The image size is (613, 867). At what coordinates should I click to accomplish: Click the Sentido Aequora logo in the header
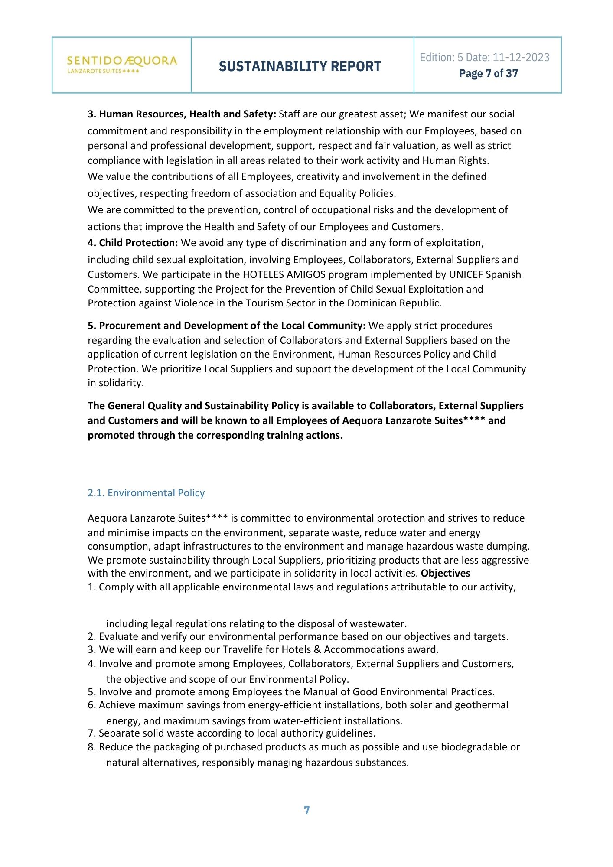[122, 64]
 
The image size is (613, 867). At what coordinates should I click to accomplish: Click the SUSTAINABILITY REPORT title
[300, 66]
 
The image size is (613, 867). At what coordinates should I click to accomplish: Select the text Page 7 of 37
[488, 73]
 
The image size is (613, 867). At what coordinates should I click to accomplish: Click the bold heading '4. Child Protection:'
[133, 243]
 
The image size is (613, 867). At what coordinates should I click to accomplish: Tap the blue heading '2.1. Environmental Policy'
[146, 493]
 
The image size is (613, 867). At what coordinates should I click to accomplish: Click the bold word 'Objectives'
[446, 573]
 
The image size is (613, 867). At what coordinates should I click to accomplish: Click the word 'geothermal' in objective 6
[482, 705]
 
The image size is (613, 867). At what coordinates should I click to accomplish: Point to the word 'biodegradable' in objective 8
[474, 747]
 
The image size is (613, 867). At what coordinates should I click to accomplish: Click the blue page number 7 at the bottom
[306, 810]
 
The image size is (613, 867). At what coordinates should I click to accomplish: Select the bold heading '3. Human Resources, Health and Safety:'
[182, 114]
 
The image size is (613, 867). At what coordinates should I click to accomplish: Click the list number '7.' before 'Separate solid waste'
[92, 733]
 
